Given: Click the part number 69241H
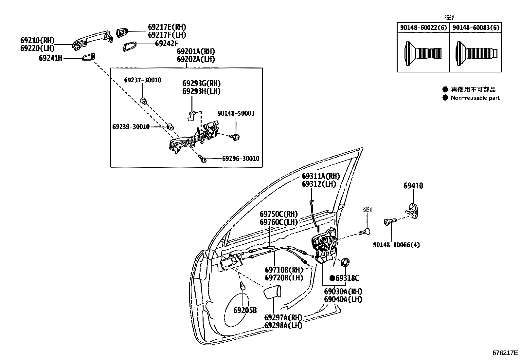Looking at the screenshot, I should pyautogui.click(x=50, y=58).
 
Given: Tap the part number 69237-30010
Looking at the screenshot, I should pyautogui.click(x=142, y=80).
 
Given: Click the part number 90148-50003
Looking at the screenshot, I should pyautogui.click(x=236, y=113).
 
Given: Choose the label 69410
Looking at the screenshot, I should pyautogui.click(x=413, y=186).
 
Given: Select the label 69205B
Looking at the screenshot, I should pyautogui.click(x=245, y=310).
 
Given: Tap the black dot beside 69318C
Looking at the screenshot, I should pyautogui.click(x=332, y=278).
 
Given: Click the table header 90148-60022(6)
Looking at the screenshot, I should pyautogui.click(x=423, y=28).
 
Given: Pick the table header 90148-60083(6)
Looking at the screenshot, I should pyautogui.click(x=476, y=28).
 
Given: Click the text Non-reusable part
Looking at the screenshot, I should pyautogui.click(x=475, y=98).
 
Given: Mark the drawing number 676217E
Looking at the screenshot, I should pyautogui.click(x=505, y=353).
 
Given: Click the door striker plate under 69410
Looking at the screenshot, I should pyautogui.click(x=414, y=210).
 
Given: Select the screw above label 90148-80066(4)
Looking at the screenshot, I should pyautogui.click(x=390, y=222).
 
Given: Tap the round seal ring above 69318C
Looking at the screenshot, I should pyautogui.click(x=345, y=262).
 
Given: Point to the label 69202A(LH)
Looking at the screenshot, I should pyautogui.click(x=196, y=59).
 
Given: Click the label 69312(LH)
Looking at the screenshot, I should pyautogui.click(x=319, y=184).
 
